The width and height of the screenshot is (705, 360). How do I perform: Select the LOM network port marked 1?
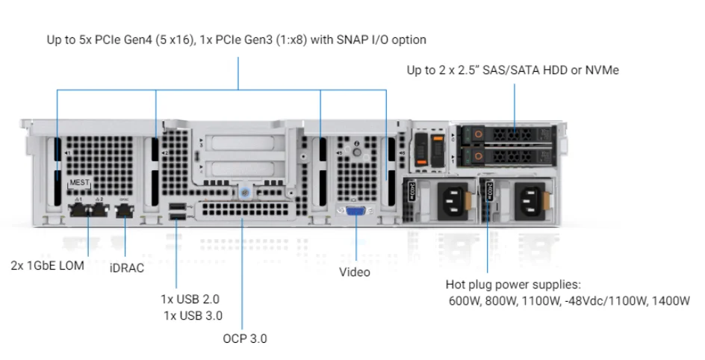tap(80, 211)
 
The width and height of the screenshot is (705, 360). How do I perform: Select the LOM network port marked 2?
tap(99, 211)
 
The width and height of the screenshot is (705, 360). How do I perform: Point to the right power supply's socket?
tap(528, 199)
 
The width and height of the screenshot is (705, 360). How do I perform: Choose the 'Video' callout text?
tap(355, 272)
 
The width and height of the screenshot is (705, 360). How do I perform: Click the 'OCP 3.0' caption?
tap(244, 338)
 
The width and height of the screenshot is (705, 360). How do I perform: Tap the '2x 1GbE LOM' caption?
tap(47, 265)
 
